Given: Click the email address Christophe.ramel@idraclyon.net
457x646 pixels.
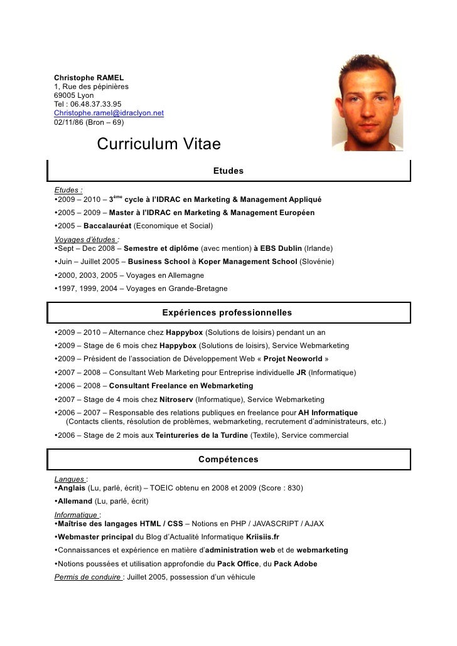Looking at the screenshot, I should coord(109,113).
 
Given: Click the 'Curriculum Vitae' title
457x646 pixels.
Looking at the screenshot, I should coord(159,144).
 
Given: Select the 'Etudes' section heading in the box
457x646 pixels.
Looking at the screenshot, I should coord(228,171).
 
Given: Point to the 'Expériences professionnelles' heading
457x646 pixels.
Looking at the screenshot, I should coord(227,312).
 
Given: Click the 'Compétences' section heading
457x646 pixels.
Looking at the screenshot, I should coord(228,460).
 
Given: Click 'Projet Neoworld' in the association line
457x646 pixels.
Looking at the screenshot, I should coord(293,359).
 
